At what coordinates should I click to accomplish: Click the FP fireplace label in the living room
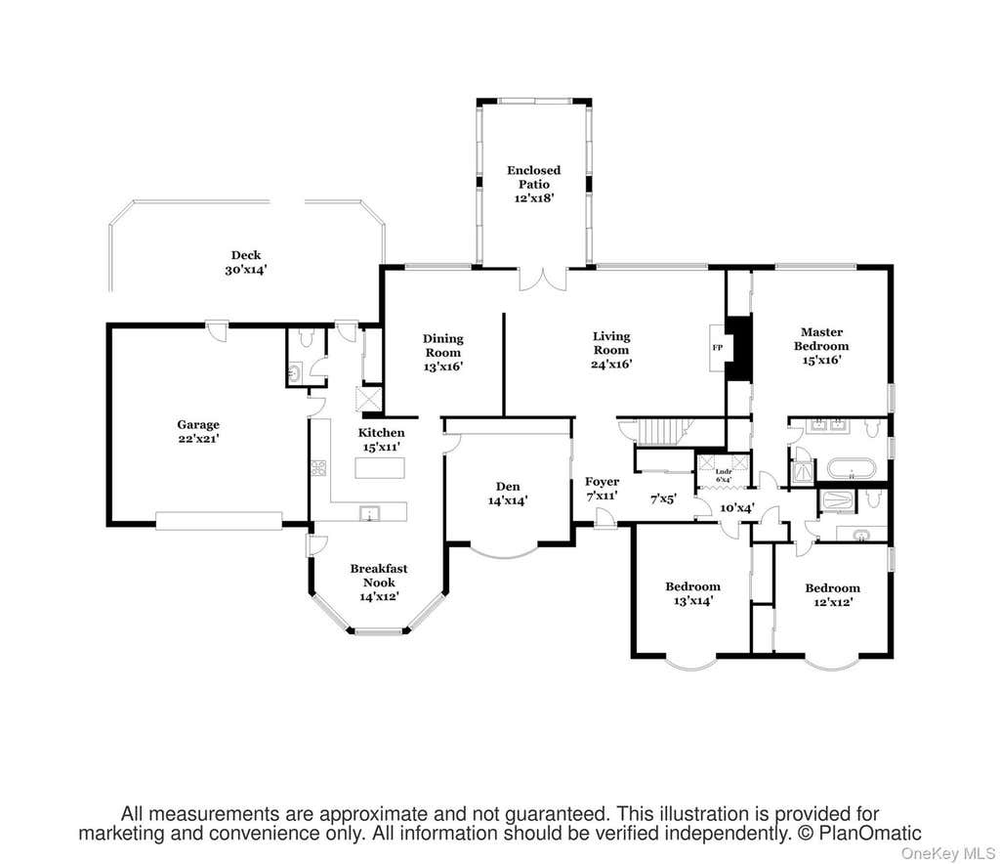[x=718, y=348]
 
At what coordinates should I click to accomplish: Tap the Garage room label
[x=198, y=424]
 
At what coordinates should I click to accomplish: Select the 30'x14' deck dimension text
[x=245, y=270]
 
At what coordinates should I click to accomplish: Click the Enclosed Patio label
[x=534, y=177]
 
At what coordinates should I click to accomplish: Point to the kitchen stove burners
[x=318, y=468]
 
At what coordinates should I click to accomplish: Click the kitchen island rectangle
[x=380, y=468]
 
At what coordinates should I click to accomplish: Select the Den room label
[x=508, y=487]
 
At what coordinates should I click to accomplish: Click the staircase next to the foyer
[x=661, y=432]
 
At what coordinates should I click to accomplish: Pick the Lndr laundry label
[x=723, y=471]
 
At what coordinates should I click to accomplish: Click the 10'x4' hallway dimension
[x=737, y=508]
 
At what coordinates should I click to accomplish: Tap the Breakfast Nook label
[x=379, y=575]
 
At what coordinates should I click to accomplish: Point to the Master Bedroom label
[x=821, y=339]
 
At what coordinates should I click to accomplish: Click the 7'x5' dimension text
[x=663, y=499]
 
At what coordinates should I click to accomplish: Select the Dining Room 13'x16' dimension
[x=442, y=367]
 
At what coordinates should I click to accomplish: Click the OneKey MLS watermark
[x=947, y=854]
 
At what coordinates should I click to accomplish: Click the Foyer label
[x=602, y=481]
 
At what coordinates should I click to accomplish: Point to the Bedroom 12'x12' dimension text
[x=833, y=602]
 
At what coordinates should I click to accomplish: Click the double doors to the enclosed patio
[x=542, y=280]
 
